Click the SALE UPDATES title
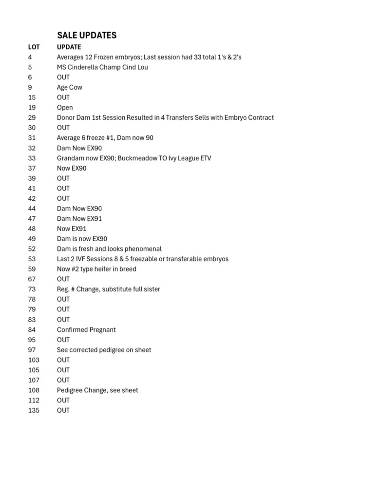(x=87, y=35)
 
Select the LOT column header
(x=34, y=47)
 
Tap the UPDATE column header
(x=69, y=47)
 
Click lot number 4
(x=30, y=57)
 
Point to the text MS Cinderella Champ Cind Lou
(x=102, y=67)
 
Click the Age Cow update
(x=69, y=87)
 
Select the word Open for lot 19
(x=65, y=108)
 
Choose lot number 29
(x=32, y=117)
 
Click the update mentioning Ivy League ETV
(x=134, y=158)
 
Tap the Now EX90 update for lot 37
(x=72, y=168)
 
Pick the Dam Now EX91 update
(x=79, y=218)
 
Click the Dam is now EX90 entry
(x=82, y=239)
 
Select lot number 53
(x=32, y=259)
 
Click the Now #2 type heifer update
(x=96, y=269)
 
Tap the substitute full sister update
(x=108, y=289)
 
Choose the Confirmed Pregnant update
(x=86, y=329)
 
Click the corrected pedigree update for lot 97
(x=104, y=350)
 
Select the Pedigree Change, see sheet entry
(x=97, y=390)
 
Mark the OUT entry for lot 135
(x=63, y=410)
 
